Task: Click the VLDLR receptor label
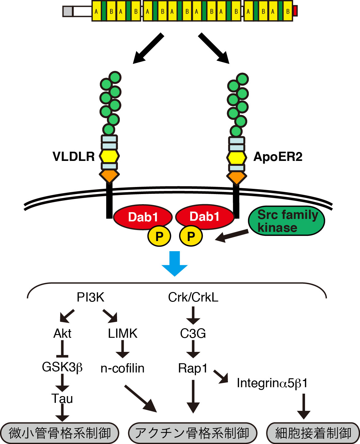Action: (x=74, y=157)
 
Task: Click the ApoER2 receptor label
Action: (x=278, y=157)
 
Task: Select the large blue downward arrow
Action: (x=174, y=263)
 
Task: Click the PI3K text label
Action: (x=90, y=297)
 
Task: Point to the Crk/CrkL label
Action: (x=193, y=297)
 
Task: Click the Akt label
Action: (x=62, y=333)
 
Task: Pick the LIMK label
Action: (x=123, y=333)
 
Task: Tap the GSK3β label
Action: (x=62, y=367)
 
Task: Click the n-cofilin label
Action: (x=123, y=368)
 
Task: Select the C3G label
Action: (x=193, y=333)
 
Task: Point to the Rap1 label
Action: (x=193, y=368)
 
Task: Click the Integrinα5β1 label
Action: (x=272, y=383)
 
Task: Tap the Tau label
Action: (x=62, y=399)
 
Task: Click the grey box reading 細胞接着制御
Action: (x=313, y=433)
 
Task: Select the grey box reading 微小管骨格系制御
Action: (x=60, y=433)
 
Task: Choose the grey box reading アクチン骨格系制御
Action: (x=192, y=433)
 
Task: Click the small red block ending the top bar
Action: (x=295, y=11)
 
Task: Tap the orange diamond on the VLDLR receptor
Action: (x=109, y=176)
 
